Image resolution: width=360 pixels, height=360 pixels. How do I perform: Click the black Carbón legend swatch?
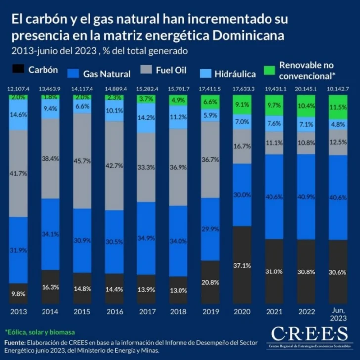tap(18, 70)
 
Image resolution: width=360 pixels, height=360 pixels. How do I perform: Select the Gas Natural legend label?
tap(106, 74)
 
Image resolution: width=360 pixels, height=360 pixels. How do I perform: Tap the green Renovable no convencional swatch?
tap(270, 70)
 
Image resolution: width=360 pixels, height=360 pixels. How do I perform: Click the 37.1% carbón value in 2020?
tap(243, 266)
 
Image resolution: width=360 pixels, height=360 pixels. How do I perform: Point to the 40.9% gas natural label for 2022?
tap(307, 196)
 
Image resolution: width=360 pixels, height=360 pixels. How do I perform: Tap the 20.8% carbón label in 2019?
tap(211, 282)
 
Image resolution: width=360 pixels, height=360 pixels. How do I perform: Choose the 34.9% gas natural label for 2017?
tap(146, 238)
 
